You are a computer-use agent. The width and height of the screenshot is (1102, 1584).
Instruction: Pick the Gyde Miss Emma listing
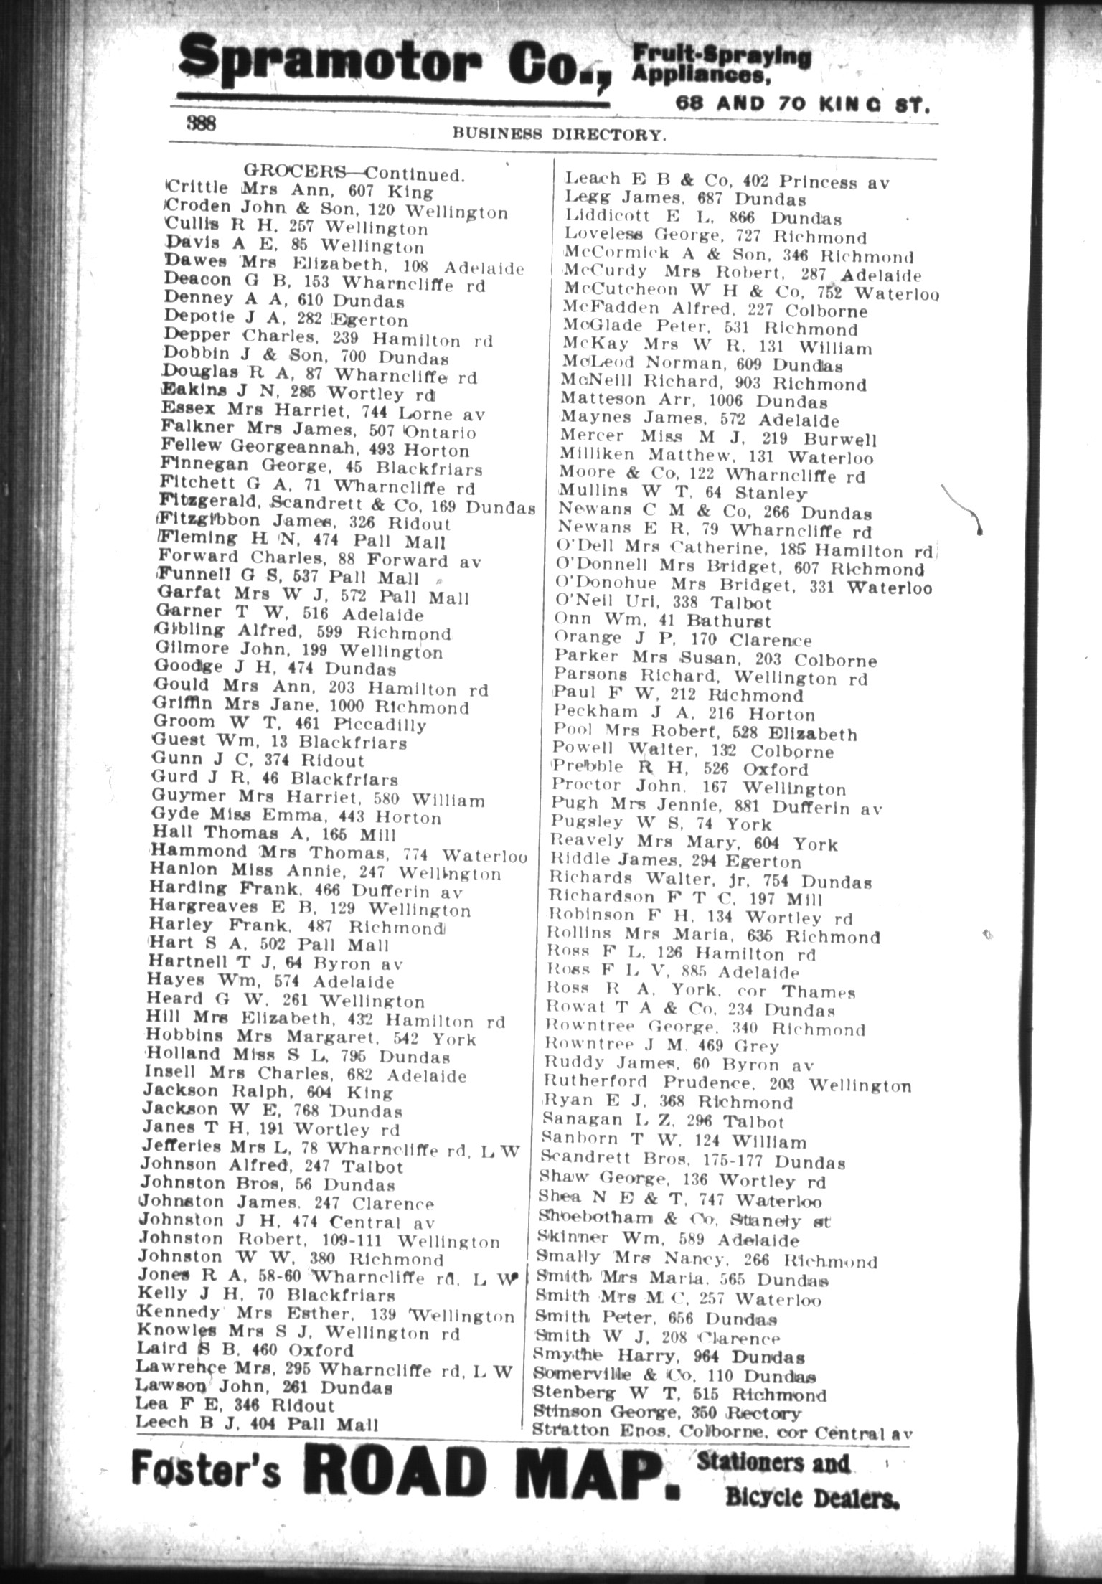(x=296, y=817)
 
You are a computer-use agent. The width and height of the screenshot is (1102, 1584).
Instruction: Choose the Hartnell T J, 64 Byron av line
(x=275, y=963)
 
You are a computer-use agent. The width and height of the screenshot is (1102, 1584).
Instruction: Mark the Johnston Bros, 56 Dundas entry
(x=268, y=1184)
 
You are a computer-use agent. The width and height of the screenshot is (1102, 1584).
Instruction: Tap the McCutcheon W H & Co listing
(x=750, y=291)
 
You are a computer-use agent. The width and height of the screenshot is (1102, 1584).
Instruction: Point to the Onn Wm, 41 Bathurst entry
(x=662, y=621)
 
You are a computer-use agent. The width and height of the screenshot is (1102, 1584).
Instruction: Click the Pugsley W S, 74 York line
(x=661, y=824)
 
